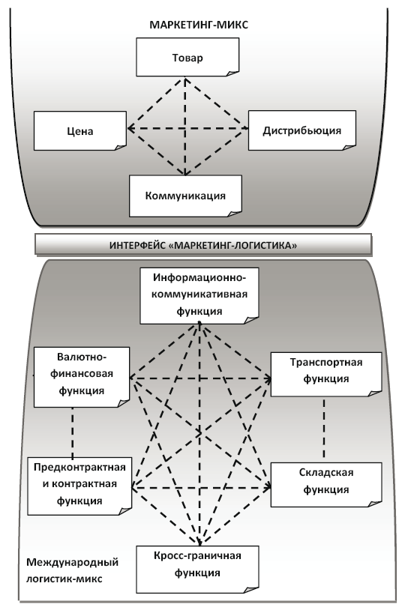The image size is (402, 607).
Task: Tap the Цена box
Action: coord(79,130)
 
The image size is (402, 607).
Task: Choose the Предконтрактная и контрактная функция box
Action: coord(79,483)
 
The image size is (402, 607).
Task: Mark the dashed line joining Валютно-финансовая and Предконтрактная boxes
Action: coord(72,431)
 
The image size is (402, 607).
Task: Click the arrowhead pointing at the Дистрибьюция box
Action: coord(244,129)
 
